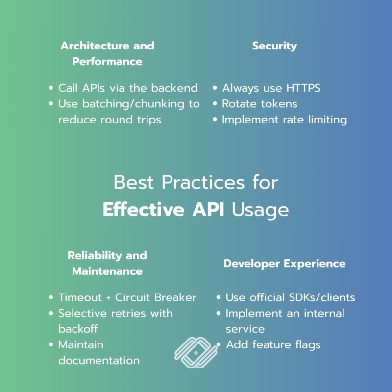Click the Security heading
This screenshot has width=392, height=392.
[x=274, y=46]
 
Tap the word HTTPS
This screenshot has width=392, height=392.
[x=303, y=88]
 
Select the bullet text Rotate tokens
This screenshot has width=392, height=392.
[x=260, y=104]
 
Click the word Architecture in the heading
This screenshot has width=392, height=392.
[x=95, y=46]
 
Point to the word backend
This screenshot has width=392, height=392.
[x=174, y=88]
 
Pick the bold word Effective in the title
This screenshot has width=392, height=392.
[x=144, y=209]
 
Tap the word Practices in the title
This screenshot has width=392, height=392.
[x=203, y=182]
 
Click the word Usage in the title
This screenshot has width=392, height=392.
[x=260, y=210]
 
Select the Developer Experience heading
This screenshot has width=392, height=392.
[x=285, y=264]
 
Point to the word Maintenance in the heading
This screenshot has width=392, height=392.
[x=107, y=271]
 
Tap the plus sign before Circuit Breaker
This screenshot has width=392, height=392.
[x=108, y=298]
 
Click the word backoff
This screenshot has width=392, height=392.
[x=78, y=329]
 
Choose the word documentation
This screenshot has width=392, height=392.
[x=99, y=360]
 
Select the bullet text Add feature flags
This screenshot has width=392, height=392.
[x=273, y=344]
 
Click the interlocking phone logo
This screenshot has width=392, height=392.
[x=196, y=353]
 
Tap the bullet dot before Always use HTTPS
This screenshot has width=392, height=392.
[x=215, y=88]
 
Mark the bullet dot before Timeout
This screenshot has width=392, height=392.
[x=51, y=297]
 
